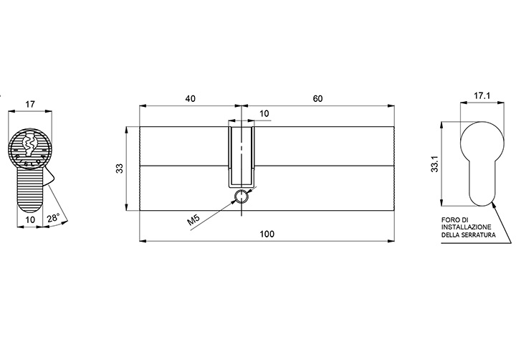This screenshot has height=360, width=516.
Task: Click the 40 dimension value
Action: [190, 98]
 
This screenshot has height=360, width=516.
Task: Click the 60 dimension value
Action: [317, 98]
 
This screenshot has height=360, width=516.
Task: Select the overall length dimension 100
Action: [267, 234]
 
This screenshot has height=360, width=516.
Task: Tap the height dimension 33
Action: [120, 169]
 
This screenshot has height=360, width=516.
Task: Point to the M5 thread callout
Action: [193, 219]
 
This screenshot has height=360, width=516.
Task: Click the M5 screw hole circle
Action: [242, 196]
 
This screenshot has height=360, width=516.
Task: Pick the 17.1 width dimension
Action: [482, 95]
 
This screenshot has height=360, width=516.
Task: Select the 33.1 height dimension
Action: [435, 164]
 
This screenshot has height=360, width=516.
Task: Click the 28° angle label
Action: [53, 218]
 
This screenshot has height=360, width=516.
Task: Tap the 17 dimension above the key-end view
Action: [30, 104]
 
